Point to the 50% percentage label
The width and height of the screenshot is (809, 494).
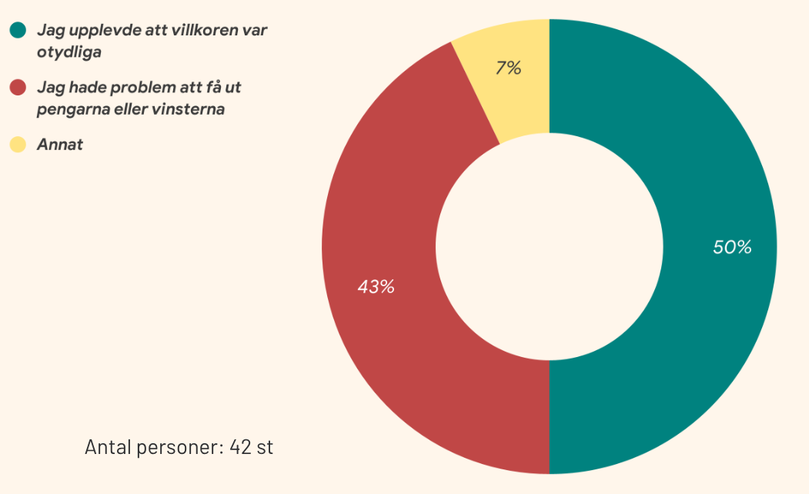[731, 247]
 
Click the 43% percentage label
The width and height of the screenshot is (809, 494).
[376, 287]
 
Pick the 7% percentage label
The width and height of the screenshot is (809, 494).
[508, 68]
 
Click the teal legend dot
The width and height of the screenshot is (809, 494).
[18, 31]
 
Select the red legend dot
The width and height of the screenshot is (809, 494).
[18, 88]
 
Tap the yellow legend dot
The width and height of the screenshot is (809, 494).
[18, 144]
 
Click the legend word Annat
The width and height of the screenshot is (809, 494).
[59, 144]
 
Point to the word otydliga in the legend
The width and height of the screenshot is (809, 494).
[69, 52]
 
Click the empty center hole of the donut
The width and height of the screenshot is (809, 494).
[549, 247]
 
